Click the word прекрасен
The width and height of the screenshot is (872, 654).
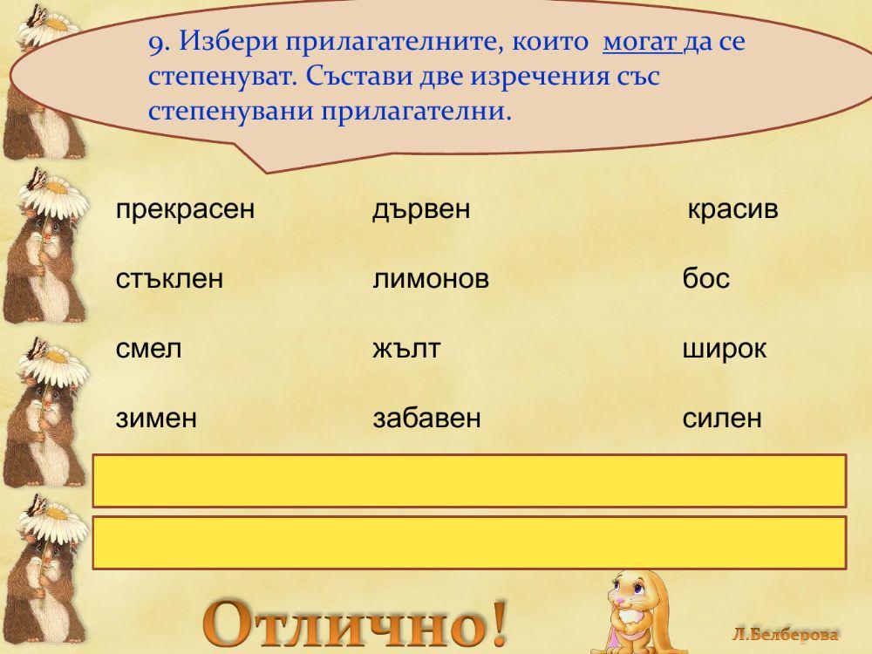coord(185,210)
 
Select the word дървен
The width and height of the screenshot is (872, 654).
coord(421,210)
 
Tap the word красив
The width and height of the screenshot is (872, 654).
coord(732,210)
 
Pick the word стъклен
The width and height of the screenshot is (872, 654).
coord(169,280)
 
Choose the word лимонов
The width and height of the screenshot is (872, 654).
coord(431,280)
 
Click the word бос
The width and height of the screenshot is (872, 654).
coord(705,280)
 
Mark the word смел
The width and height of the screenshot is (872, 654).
coord(148,350)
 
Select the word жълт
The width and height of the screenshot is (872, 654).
coord(406,350)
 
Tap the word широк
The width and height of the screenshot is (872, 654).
coord(725,350)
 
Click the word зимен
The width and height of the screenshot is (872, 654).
coord(156,419)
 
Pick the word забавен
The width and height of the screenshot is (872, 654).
coord(427,419)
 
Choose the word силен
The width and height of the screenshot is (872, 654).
coord(722,419)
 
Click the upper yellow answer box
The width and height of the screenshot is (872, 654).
coord(469,480)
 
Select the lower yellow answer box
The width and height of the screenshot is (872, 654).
coord(469,542)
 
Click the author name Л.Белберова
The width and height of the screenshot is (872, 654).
coord(786,635)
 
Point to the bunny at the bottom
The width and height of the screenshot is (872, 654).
coord(628,610)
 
